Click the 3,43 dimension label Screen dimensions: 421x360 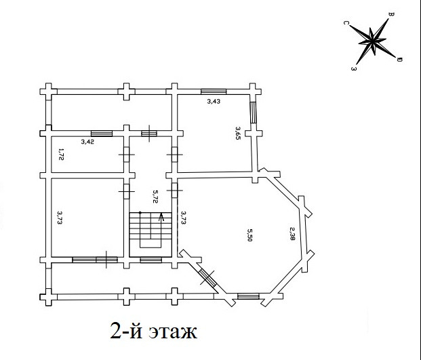[x=214, y=101]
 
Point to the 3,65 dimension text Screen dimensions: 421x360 [x=238, y=133]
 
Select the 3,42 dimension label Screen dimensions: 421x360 [x=87, y=142]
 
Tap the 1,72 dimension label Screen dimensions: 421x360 [x=61, y=154]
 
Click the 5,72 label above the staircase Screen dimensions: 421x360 [x=155, y=197]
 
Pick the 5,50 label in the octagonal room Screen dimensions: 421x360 [x=249, y=235]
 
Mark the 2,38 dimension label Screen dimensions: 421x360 [x=292, y=233]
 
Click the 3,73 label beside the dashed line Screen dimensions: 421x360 [x=184, y=218]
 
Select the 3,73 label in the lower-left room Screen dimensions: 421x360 [x=60, y=218]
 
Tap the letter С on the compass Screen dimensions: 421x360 [x=346, y=23]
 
